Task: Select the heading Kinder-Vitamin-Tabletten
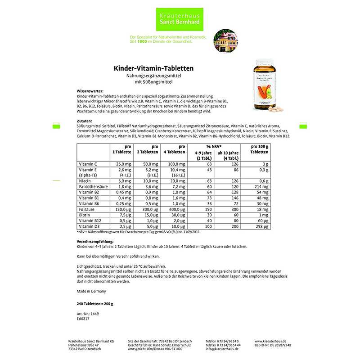click(x=153, y=68)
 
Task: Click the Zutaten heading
click(x=84, y=121)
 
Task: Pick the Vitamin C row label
click(x=88, y=164)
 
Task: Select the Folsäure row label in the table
click(x=87, y=209)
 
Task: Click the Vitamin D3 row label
click(x=89, y=226)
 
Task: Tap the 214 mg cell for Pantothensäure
click(x=261, y=185)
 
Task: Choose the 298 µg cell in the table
click(x=261, y=226)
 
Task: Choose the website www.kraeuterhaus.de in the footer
click(x=270, y=342)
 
